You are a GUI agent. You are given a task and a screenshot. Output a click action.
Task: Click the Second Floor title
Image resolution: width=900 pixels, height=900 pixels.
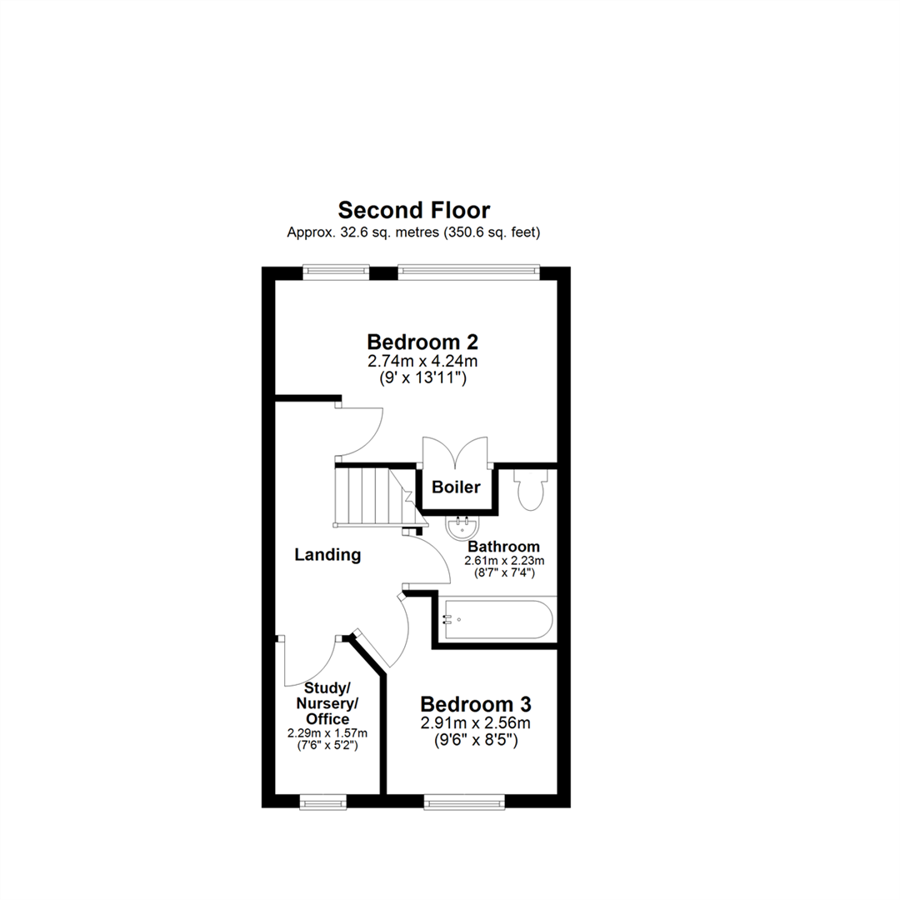pyautogui.click(x=413, y=209)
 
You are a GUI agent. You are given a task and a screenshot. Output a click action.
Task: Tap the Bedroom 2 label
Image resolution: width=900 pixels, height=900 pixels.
pyautogui.click(x=422, y=342)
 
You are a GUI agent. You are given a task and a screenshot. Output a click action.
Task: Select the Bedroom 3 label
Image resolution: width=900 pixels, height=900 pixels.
pyautogui.click(x=475, y=704)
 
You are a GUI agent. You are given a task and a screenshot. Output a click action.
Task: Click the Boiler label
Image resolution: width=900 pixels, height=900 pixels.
pyautogui.click(x=456, y=487)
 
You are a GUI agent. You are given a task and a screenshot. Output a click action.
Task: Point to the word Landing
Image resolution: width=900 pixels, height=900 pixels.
pyautogui.click(x=328, y=554)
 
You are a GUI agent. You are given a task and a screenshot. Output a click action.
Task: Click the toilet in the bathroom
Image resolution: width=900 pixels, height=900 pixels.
pyautogui.click(x=529, y=491)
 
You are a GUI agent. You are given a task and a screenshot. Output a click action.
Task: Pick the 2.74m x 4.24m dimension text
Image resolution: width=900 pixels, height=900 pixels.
pyautogui.click(x=422, y=361)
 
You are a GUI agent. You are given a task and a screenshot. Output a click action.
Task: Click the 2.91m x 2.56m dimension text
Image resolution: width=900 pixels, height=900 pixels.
pyautogui.click(x=475, y=722)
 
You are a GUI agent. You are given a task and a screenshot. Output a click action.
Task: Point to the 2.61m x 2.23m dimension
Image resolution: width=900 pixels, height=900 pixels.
pyautogui.click(x=504, y=560)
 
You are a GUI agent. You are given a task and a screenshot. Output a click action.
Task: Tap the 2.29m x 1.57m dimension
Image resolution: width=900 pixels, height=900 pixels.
pyautogui.click(x=327, y=733)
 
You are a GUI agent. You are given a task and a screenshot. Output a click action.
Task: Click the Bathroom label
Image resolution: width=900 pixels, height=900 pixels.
pyautogui.click(x=504, y=547)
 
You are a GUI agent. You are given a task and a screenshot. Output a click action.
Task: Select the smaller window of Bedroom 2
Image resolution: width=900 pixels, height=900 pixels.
pyautogui.click(x=336, y=269)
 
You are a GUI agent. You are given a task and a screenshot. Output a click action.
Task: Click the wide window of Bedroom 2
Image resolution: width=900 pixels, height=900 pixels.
pyautogui.click(x=468, y=269)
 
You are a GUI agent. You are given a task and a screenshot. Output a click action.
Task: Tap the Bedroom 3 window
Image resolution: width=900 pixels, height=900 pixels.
pyautogui.click(x=464, y=802)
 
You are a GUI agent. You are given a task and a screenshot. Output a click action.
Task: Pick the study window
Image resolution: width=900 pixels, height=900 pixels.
pyautogui.click(x=323, y=802)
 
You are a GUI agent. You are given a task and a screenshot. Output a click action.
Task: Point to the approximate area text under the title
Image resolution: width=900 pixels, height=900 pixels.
pyautogui.click(x=413, y=233)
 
